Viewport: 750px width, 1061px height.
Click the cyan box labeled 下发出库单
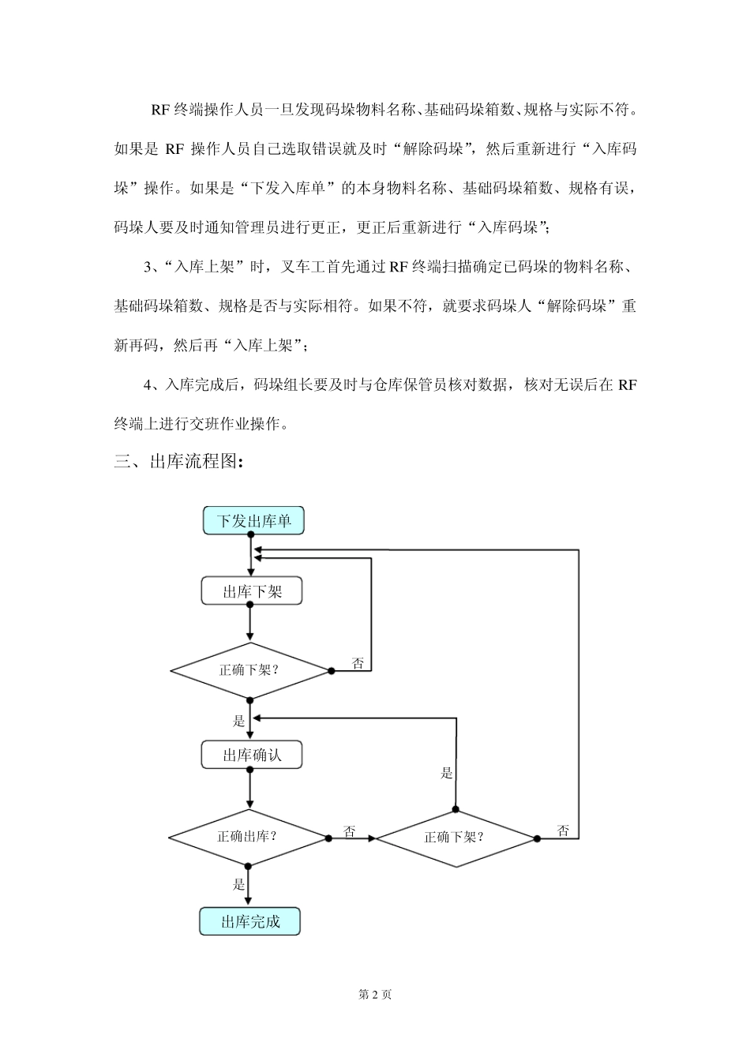coord(253,521)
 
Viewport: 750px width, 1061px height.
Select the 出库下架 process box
coord(252,591)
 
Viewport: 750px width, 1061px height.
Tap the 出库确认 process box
coord(252,755)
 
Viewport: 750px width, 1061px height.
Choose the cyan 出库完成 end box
coord(250,921)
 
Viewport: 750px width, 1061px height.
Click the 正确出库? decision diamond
coord(248,837)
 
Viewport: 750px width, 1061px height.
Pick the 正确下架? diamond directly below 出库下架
coord(249,670)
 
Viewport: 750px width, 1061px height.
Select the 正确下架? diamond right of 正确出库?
coord(456,838)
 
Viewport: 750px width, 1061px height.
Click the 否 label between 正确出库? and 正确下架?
coord(349,831)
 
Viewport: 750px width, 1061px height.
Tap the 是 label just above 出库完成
coord(239,884)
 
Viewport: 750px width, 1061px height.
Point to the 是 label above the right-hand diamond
coord(447,773)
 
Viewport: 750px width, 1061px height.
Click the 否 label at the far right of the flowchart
coord(563,830)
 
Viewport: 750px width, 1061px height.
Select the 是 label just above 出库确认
coord(239,720)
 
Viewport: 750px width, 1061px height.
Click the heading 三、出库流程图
coord(179,462)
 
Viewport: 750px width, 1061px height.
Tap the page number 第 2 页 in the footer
coord(375,995)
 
